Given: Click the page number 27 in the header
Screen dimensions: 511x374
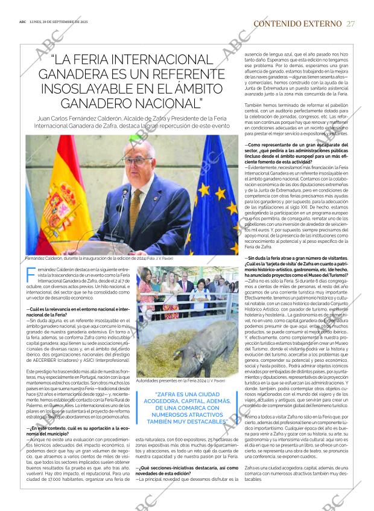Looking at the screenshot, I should [351, 24].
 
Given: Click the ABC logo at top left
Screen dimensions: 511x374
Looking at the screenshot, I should [22, 24].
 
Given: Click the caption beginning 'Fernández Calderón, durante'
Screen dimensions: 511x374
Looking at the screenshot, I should [99, 259].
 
